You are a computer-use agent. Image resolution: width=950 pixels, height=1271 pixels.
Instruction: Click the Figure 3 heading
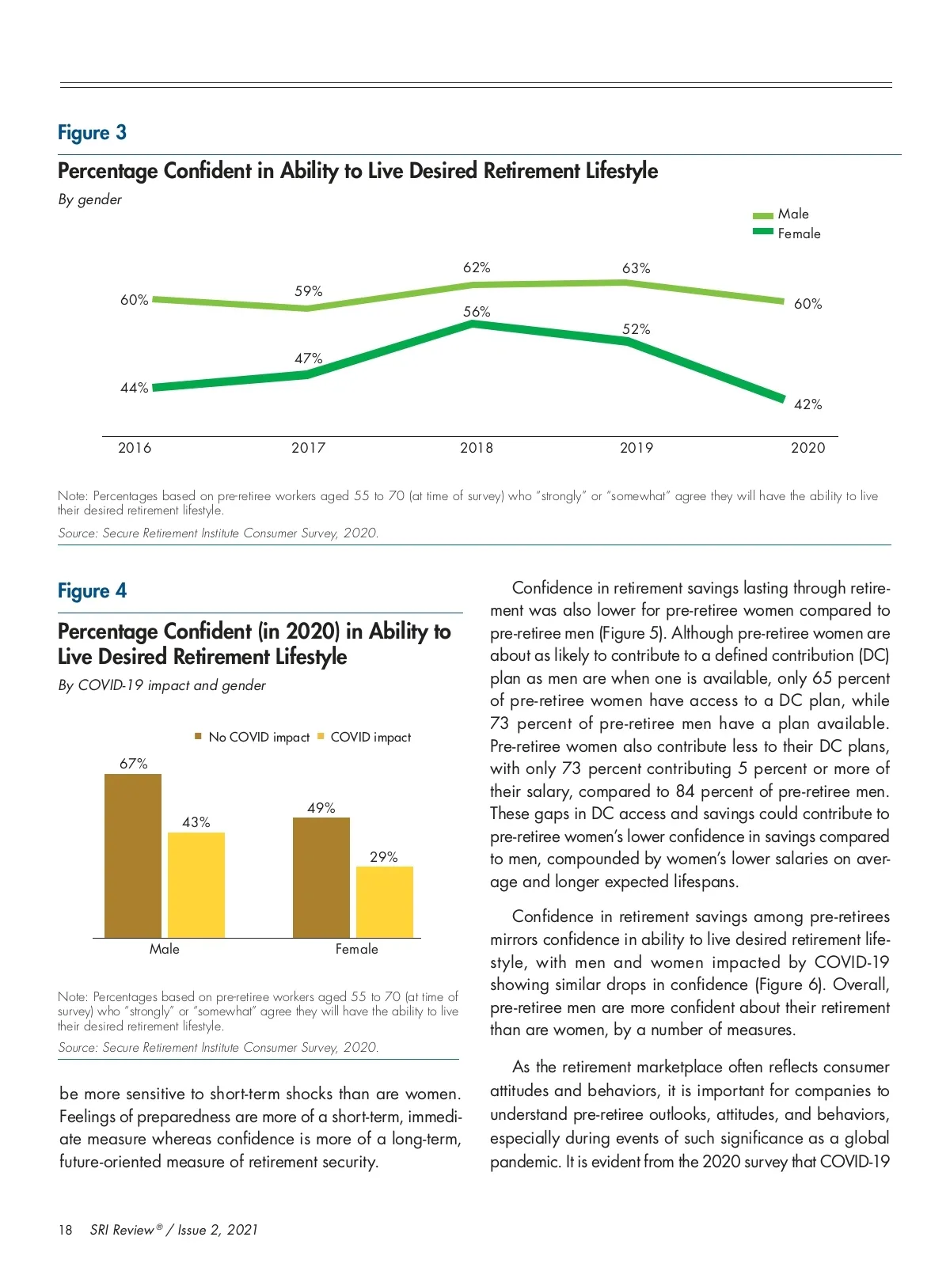click(x=92, y=133)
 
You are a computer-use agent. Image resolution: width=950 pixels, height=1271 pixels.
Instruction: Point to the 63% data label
click(x=636, y=268)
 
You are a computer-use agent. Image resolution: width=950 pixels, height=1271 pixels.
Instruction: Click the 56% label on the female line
click(x=477, y=312)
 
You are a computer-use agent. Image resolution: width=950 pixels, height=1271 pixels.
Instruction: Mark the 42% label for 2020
click(x=807, y=404)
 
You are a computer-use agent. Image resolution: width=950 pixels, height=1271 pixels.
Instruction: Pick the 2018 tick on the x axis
click(x=477, y=448)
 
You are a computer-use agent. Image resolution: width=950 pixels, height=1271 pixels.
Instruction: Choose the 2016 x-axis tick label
click(x=135, y=448)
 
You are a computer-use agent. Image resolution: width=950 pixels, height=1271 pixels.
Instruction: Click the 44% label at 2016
click(x=134, y=388)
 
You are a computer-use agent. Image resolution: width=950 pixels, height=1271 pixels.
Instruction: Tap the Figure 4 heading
click(x=92, y=591)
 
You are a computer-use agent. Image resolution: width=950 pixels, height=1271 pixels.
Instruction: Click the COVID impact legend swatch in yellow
click(x=321, y=737)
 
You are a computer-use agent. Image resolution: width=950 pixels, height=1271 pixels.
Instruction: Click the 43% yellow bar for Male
click(x=196, y=885)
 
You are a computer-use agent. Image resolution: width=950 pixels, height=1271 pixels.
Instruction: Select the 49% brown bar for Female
click(x=321, y=878)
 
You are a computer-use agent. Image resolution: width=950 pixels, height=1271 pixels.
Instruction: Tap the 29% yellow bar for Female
click(x=385, y=902)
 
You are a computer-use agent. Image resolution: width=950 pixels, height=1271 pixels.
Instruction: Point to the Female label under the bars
click(x=356, y=949)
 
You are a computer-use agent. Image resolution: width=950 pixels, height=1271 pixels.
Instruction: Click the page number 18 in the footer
click(x=65, y=1230)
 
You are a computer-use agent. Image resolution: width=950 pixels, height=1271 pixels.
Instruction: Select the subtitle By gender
click(x=89, y=199)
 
